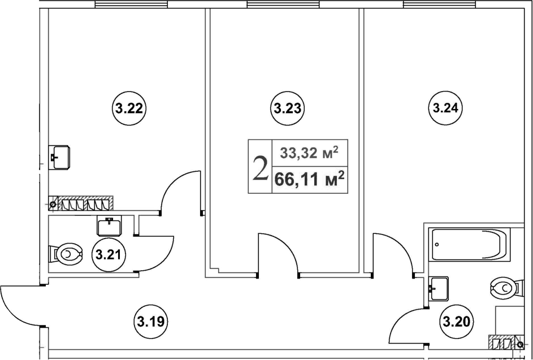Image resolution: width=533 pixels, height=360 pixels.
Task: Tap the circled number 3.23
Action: click(x=288, y=109)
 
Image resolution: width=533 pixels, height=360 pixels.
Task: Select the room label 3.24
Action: click(x=445, y=109)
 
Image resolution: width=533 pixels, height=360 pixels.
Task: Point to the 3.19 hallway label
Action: click(x=153, y=321)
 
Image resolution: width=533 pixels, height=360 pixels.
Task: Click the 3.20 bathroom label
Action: click(x=457, y=321)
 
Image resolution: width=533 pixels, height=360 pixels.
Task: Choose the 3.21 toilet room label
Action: click(x=109, y=254)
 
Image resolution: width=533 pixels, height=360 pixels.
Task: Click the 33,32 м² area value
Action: click(x=309, y=153)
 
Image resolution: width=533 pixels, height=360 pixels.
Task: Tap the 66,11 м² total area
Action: click(x=310, y=179)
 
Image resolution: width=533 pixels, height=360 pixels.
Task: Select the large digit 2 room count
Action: click(x=261, y=167)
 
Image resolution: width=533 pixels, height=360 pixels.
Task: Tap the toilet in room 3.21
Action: click(x=66, y=254)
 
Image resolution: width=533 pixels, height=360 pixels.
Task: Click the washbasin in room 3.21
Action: click(x=109, y=225)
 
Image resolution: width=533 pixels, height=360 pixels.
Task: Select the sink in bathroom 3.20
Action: click(x=439, y=289)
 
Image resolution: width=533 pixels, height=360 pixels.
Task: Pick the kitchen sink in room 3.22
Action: click(x=59, y=157)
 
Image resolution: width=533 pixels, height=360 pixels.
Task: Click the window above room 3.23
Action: click(x=283, y=4)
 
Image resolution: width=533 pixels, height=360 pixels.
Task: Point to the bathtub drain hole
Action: click(x=437, y=244)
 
